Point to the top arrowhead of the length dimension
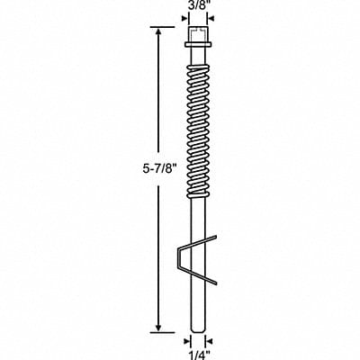(x=159, y=31)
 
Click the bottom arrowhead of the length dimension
(x=159, y=330)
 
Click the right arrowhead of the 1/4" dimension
(x=204, y=340)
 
